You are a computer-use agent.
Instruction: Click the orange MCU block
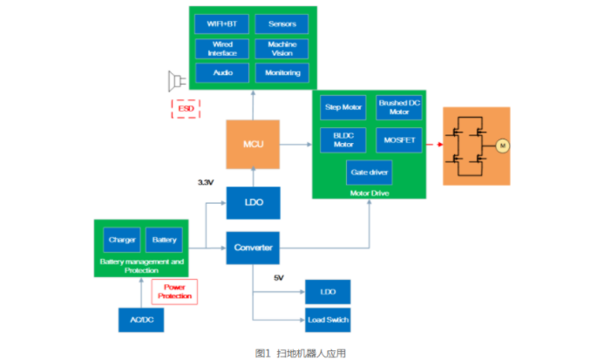pos(254,143)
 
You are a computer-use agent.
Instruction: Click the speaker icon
pos(178,81)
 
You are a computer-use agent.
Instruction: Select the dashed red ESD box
pos(186,109)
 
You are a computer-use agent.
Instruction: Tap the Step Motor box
pos(343,108)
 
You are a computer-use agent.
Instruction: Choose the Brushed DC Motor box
pos(399,108)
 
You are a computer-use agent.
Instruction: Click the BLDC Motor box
pos(343,139)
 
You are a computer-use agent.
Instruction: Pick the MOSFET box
pos(399,139)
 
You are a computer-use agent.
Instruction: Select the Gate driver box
pos(370,172)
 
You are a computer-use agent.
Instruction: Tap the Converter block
pos(254,248)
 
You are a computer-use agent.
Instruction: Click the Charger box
pos(120,240)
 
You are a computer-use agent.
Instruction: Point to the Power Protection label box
pos(175,292)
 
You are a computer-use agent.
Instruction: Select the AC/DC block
pos(140,320)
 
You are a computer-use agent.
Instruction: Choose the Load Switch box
pos(328,320)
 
